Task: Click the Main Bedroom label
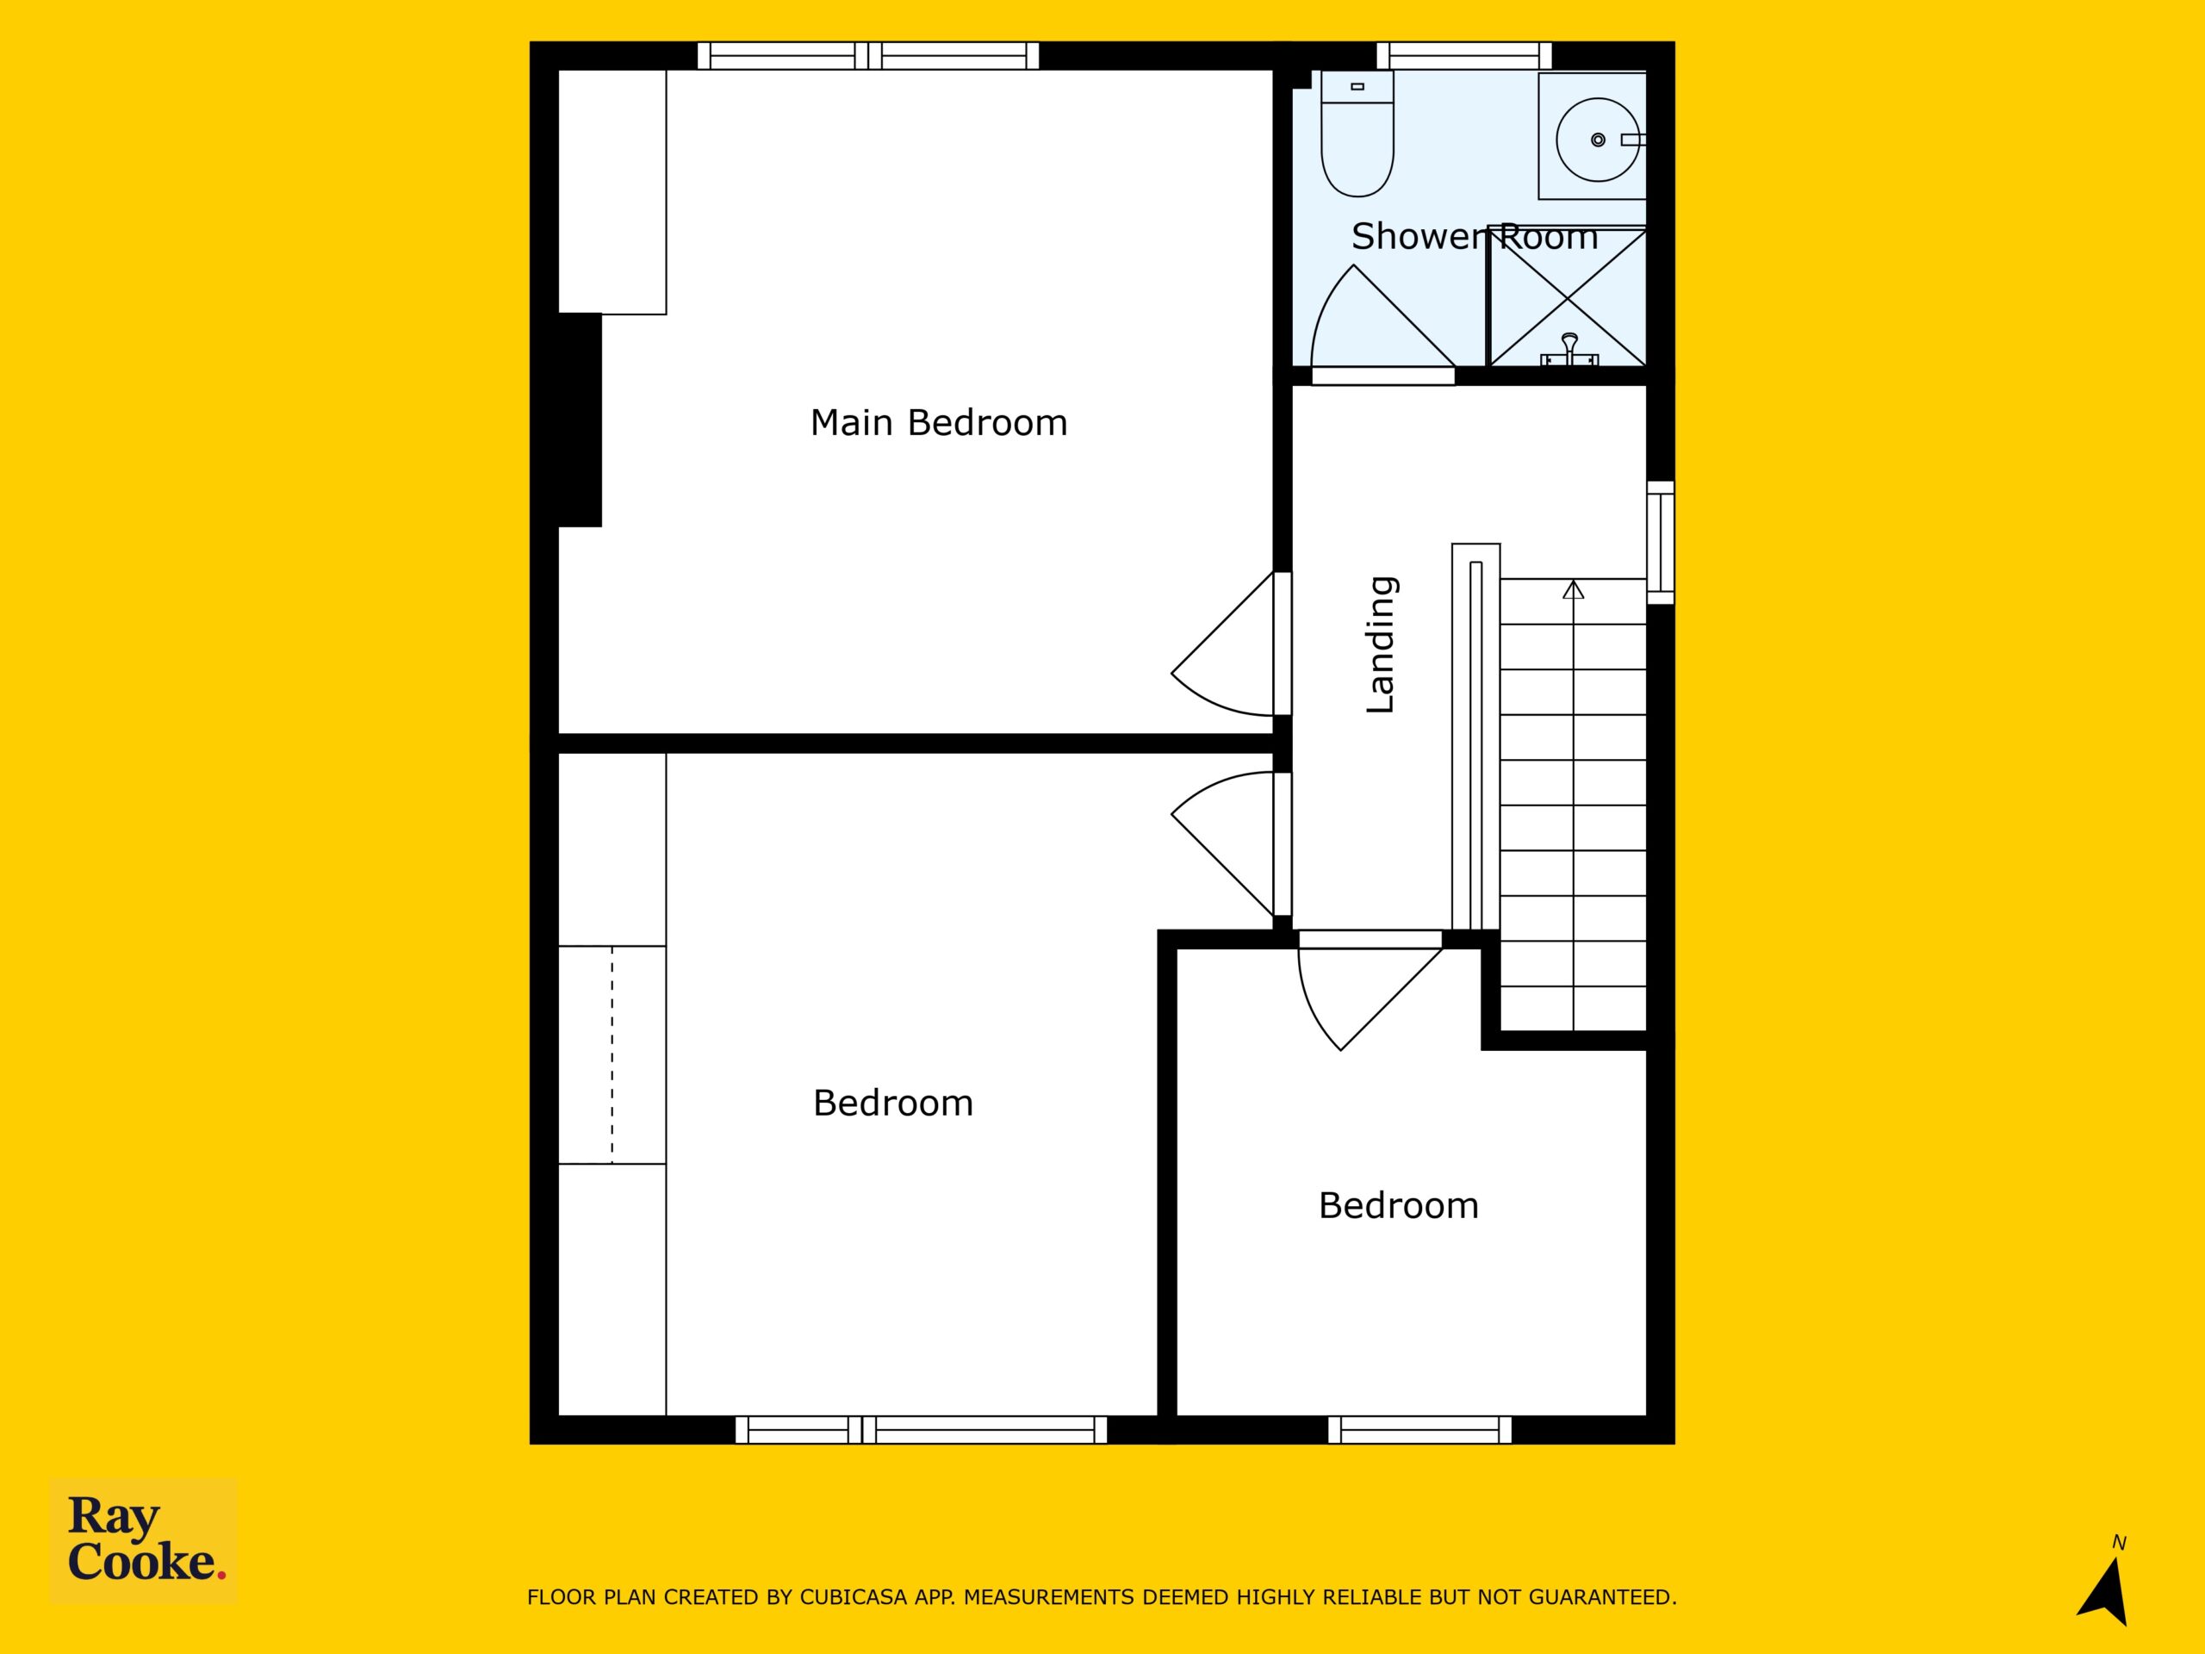(x=938, y=423)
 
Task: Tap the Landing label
(x=1381, y=644)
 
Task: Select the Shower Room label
(x=1475, y=236)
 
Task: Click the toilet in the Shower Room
(x=1357, y=134)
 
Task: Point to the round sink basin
(x=1598, y=140)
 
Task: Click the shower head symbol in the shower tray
(x=1570, y=350)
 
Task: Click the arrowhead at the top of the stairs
(x=1573, y=589)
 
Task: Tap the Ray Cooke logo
(x=145, y=1540)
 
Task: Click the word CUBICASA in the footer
(x=854, y=1597)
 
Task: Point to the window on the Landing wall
(x=1660, y=543)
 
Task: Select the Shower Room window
(x=1464, y=56)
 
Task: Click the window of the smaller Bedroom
(x=1419, y=1430)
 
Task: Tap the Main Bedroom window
(x=868, y=56)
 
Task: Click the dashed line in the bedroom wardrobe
(x=612, y=1054)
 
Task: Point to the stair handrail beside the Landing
(x=1475, y=737)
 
